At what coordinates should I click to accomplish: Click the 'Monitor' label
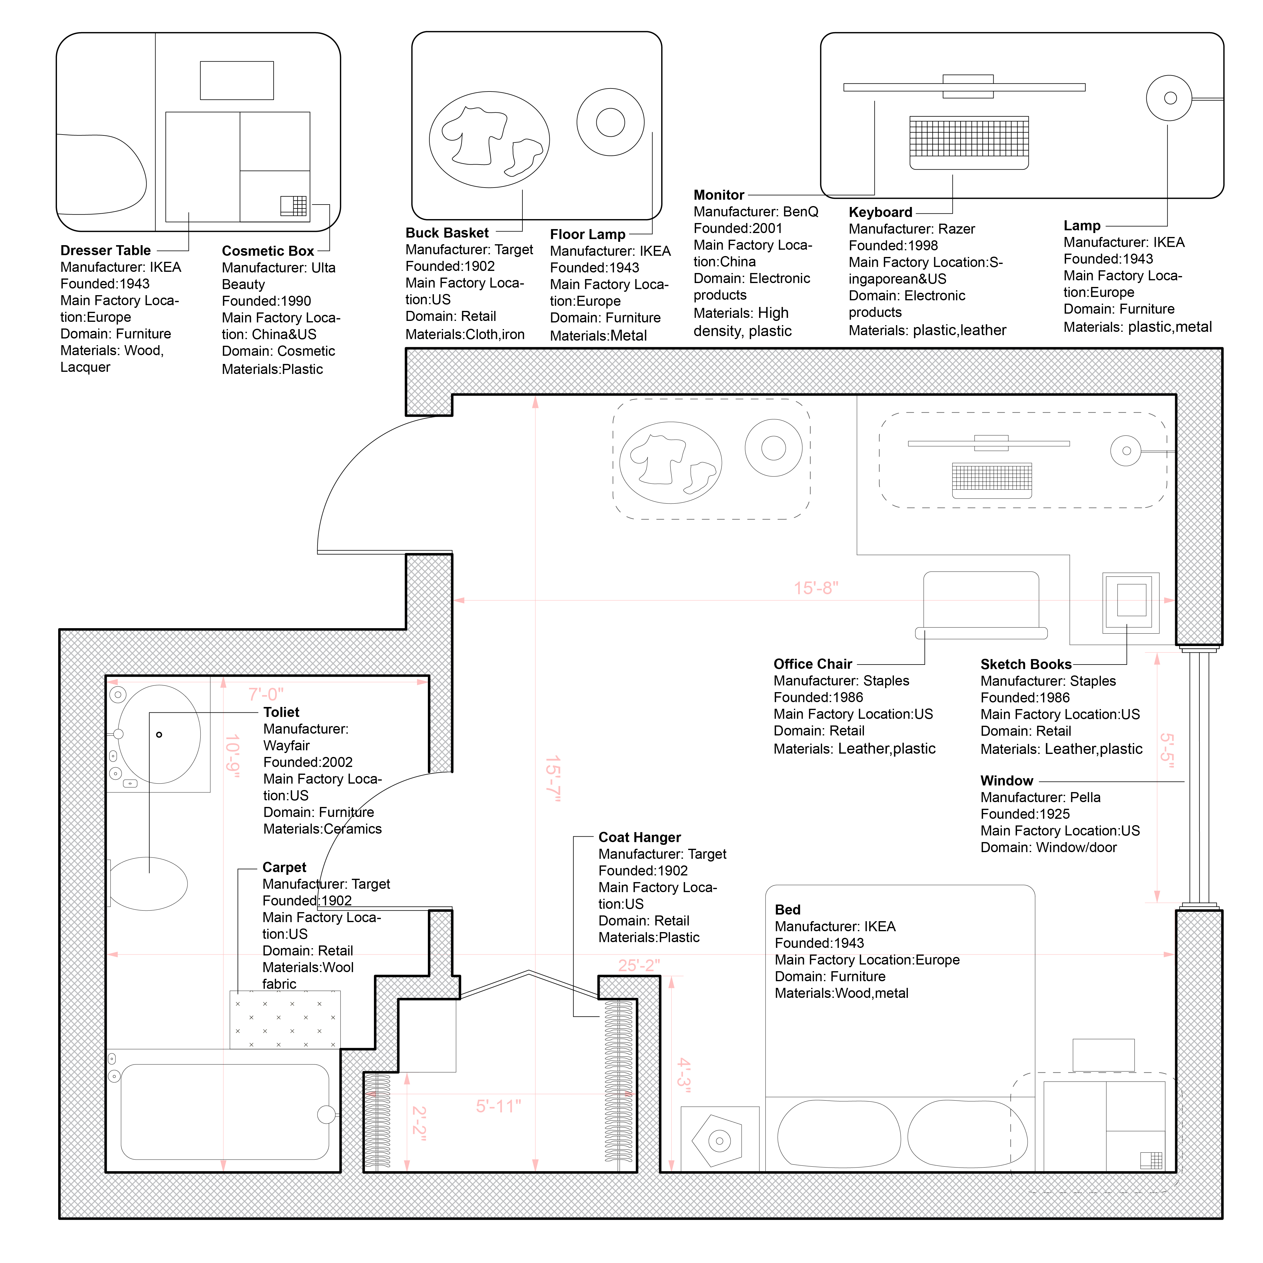(x=719, y=195)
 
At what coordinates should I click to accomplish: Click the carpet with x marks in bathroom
(x=285, y=1020)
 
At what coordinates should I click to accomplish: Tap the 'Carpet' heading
(x=284, y=868)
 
